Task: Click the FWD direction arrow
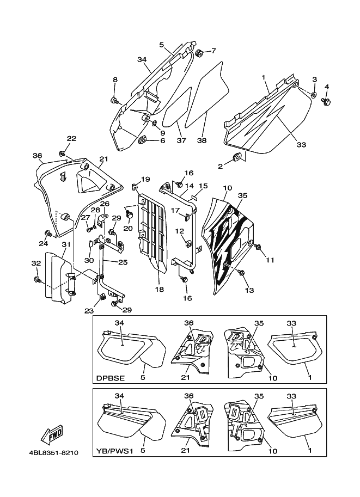pos(51,434)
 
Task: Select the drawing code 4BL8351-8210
pos(53,452)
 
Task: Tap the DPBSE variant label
pos(111,378)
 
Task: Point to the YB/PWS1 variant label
pos(114,451)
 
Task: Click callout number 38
pos(202,140)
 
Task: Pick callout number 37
pos(181,140)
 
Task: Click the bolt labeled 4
pos(326,101)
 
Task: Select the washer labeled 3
pos(314,94)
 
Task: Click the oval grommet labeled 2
pos(237,156)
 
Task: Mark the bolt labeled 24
pos(48,234)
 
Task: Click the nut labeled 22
pos(62,154)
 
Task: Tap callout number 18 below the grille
pos(159,290)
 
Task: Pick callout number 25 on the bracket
pos(123,262)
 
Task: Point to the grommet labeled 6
pos(143,139)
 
